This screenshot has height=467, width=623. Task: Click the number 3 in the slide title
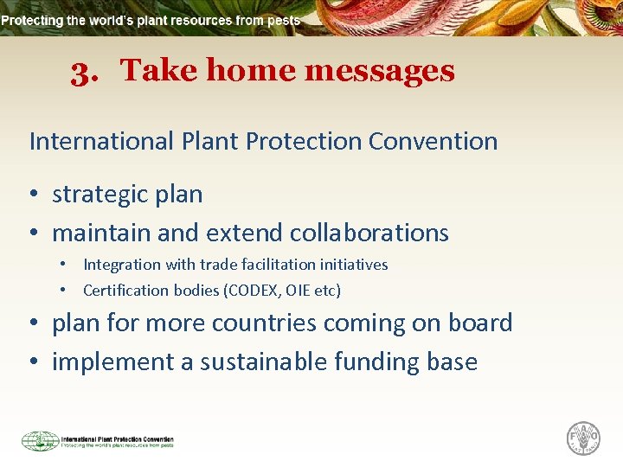(83, 72)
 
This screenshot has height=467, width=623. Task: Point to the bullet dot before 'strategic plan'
(35, 195)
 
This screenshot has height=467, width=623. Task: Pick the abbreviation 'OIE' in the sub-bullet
(298, 291)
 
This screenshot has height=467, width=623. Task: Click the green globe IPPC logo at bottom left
(40, 441)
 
